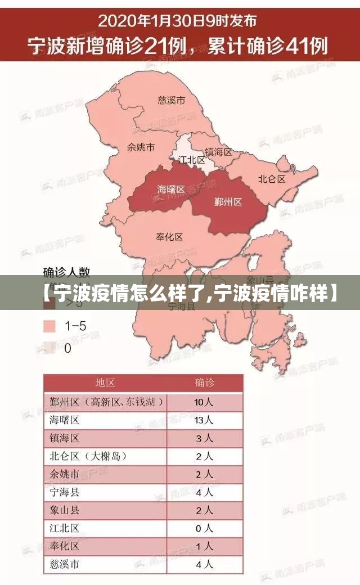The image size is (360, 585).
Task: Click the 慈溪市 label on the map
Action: point(172,101)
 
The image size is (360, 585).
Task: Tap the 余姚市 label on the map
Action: point(141,147)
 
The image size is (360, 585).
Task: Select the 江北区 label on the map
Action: point(192,160)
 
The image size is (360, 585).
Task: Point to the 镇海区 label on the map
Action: point(218,152)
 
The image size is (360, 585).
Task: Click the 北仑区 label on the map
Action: point(272,179)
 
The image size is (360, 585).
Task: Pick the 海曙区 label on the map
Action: point(171,189)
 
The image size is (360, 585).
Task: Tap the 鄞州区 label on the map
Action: point(228,201)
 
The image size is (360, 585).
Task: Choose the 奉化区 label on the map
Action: point(169,237)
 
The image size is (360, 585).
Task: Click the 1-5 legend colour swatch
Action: point(49,326)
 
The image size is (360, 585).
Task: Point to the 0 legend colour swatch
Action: point(49,348)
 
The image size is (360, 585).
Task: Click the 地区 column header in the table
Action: point(105,383)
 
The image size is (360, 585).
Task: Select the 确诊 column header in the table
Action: point(205,383)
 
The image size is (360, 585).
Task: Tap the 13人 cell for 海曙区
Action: point(204,420)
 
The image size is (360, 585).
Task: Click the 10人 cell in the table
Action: point(204,402)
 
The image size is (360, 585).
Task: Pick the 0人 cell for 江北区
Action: point(204,528)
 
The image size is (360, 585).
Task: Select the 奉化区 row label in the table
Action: point(64,546)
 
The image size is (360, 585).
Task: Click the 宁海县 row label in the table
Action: point(64,492)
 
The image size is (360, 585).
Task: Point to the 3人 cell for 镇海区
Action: point(204,438)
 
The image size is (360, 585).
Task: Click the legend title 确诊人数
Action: point(67,273)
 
